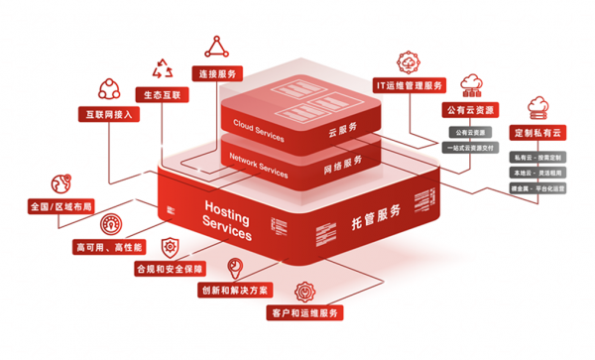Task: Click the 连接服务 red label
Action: (x=217, y=74)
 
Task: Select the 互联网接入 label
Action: (x=108, y=114)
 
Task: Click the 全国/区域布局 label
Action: (x=60, y=208)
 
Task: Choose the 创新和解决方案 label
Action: (x=234, y=291)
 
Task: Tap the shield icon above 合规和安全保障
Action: (x=169, y=245)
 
